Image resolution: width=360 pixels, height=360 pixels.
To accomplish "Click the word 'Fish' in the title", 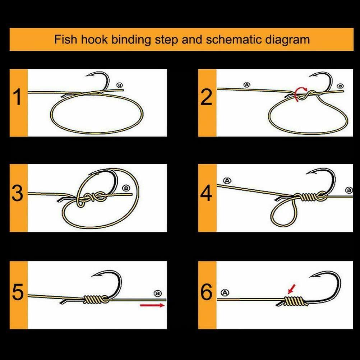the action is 65,39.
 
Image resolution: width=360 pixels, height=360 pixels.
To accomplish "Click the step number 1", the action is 18,97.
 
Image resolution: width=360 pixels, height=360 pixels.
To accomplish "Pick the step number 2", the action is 206,97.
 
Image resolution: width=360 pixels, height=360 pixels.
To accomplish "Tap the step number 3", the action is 18,193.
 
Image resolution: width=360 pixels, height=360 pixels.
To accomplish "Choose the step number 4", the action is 206,193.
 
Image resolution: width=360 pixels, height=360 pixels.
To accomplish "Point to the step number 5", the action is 18,292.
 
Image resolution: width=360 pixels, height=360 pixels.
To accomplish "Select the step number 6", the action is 206,292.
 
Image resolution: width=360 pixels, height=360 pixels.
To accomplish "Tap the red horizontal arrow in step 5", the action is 152,305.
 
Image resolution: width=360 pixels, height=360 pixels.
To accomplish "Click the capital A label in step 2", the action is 246,85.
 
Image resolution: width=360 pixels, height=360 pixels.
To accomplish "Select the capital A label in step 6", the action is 225,293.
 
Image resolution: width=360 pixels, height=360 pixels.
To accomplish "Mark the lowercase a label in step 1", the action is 120,85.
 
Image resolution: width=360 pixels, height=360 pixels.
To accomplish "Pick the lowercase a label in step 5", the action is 157,293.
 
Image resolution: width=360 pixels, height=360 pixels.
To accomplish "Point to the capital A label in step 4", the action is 227,181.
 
